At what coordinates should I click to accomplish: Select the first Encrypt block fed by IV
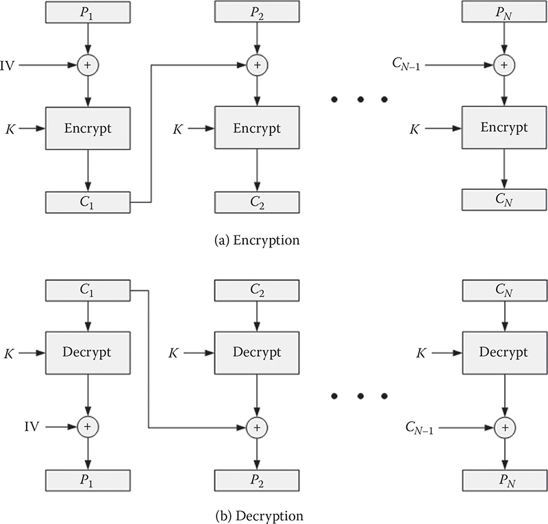[x=88, y=128]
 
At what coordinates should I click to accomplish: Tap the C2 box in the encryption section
[x=257, y=202]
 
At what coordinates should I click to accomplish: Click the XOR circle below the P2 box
[x=257, y=65]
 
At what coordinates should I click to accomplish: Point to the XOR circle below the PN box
[x=504, y=65]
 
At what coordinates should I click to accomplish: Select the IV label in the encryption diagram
[x=10, y=65]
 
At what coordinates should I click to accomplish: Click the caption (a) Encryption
[x=257, y=241]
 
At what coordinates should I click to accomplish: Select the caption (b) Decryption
[x=257, y=514]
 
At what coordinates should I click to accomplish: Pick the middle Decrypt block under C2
[x=257, y=353]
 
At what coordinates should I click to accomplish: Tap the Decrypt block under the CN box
[x=504, y=353]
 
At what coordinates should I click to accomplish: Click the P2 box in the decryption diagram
[x=257, y=479]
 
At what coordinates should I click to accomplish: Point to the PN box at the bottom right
[x=504, y=479]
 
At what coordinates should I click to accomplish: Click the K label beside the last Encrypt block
[x=414, y=128]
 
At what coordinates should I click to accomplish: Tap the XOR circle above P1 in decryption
[x=88, y=427]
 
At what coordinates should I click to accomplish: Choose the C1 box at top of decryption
[x=88, y=290]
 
